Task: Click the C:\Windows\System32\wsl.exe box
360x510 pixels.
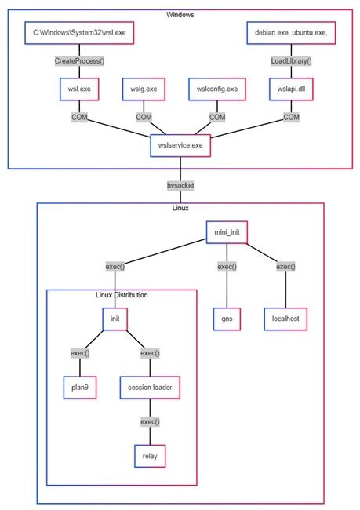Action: [79, 33]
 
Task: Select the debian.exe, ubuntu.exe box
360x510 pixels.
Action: [291, 33]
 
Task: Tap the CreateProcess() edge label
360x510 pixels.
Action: [79, 61]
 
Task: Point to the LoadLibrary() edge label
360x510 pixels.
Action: [291, 61]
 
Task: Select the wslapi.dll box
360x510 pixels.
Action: [291, 89]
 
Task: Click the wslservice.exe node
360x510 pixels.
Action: [180, 145]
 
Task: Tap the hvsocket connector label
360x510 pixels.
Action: [180, 185]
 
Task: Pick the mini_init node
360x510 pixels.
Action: [226, 232]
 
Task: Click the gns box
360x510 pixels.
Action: [226, 319]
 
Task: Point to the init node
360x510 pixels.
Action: [115, 319]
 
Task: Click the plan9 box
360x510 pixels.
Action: [80, 387]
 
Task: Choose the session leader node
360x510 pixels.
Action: [150, 387]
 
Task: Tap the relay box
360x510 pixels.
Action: [150, 456]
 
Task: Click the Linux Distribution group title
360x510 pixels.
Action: [122, 295]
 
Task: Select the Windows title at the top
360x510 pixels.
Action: [180, 15]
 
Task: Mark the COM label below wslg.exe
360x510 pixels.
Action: [144, 118]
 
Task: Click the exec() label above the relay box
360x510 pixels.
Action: [150, 421]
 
